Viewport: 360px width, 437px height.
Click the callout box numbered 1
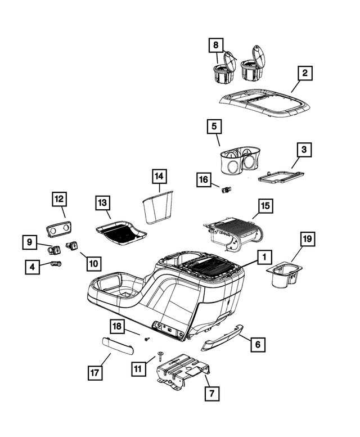[262, 258]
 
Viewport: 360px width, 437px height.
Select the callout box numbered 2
[304, 73]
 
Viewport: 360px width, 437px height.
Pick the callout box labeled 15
[265, 206]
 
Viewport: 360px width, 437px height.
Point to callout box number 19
[307, 240]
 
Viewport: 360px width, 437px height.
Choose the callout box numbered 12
[60, 199]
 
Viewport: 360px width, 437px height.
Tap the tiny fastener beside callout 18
[147, 339]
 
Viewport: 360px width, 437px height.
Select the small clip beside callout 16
[226, 190]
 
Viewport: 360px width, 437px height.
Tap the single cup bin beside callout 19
[282, 277]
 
